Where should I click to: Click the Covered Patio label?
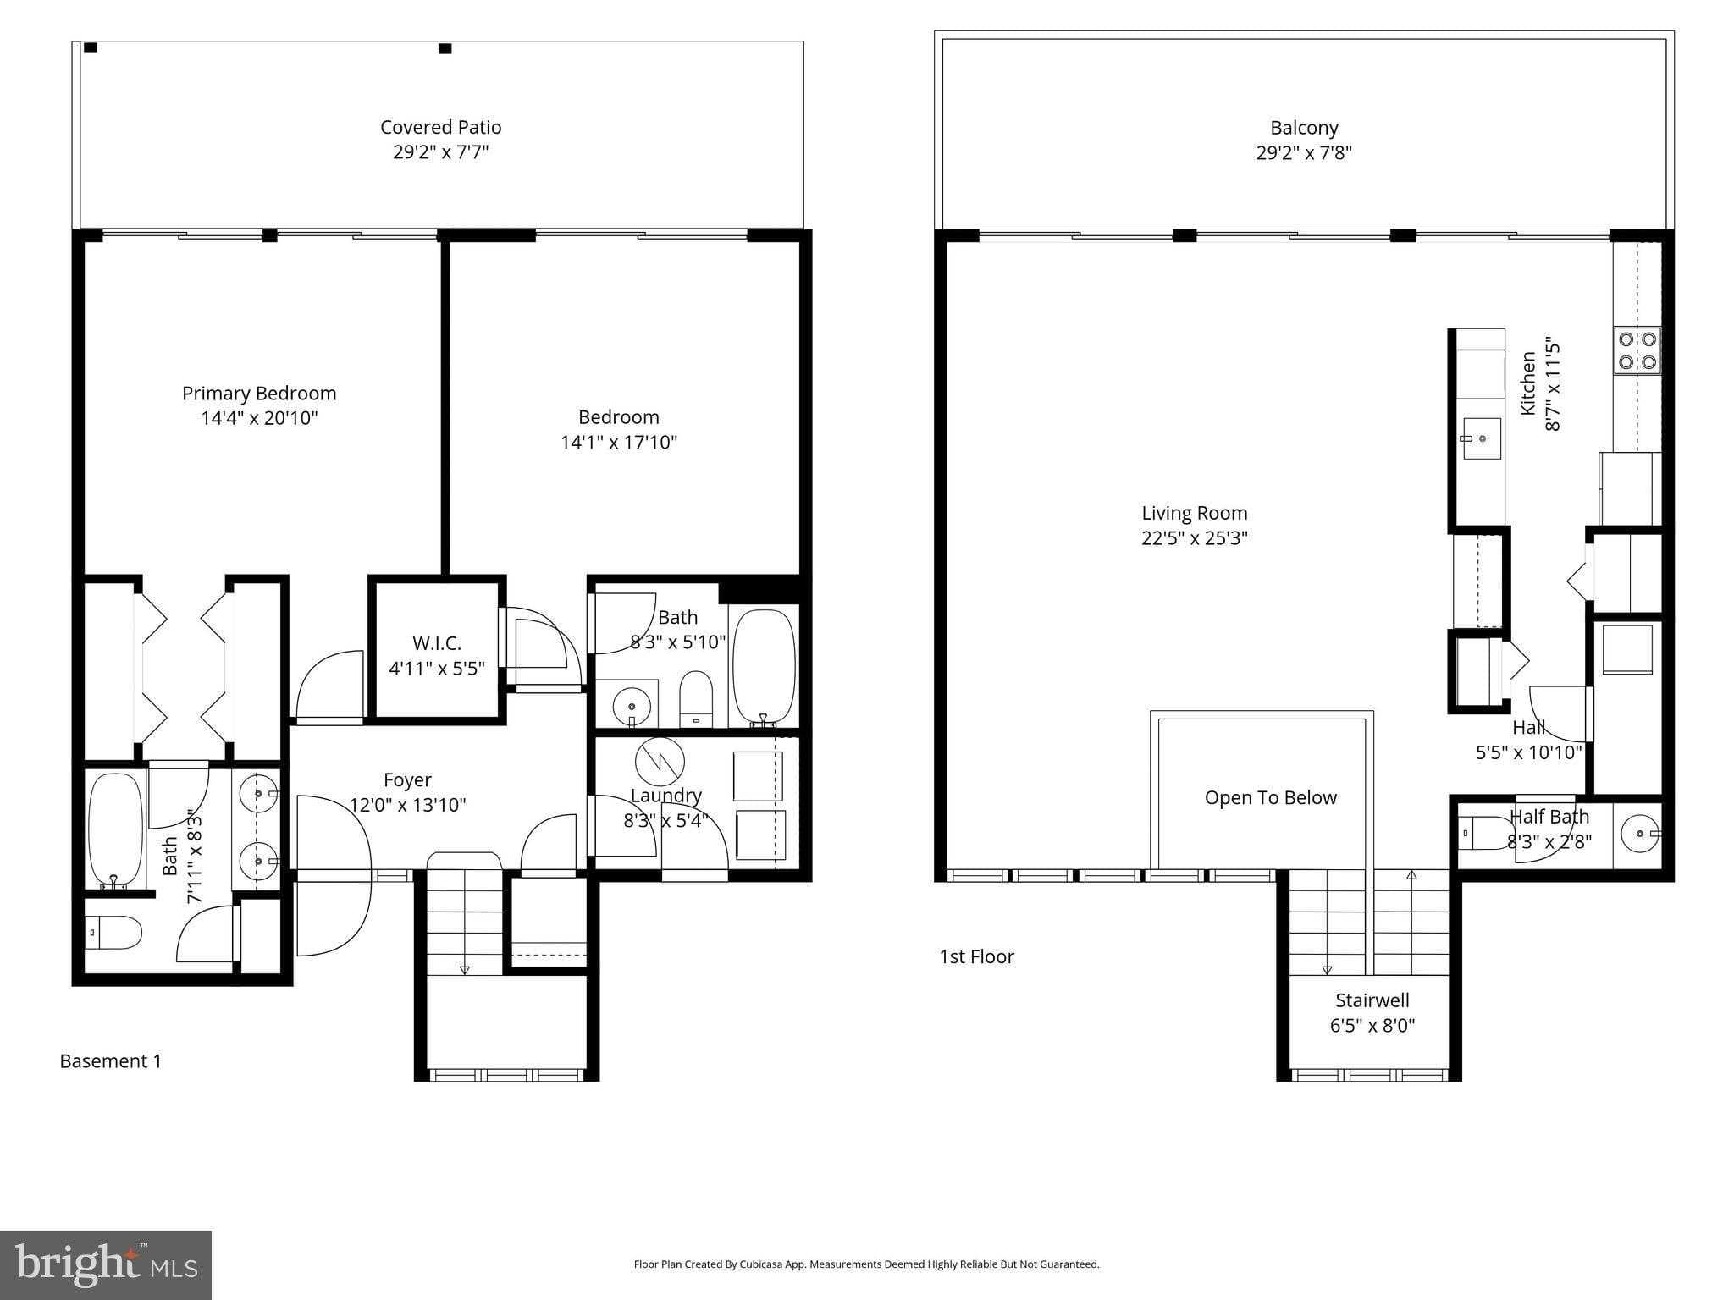click(x=440, y=127)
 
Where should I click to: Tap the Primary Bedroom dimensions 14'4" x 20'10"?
click(x=259, y=418)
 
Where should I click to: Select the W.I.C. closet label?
click(x=437, y=643)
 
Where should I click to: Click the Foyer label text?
click(x=407, y=779)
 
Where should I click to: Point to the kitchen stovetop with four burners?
click(x=1637, y=351)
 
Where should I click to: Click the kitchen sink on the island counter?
click(x=1481, y=438)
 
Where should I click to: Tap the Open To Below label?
click(x=1270, y=798)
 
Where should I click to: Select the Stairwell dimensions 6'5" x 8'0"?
click(x=1372, y=1026)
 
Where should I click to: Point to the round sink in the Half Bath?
click(x=1639, y=833)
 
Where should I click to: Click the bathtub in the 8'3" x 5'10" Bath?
click(x=764, y=665)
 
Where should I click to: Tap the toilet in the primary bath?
click(x=114, y=933)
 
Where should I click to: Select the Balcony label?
click(x=1304, y=128)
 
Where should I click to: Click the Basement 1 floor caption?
click(x=110, y=1061)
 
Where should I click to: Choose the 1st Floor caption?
click(x=976, y=956)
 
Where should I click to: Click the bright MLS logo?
click(x=105, y=1265)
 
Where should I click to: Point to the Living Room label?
click(x=1194, y=513)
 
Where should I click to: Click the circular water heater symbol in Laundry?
click(x=660, y=761)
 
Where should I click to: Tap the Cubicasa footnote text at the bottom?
click(x=866, y=1264)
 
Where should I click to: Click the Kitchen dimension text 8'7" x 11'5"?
click(x=1553, y=386)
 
